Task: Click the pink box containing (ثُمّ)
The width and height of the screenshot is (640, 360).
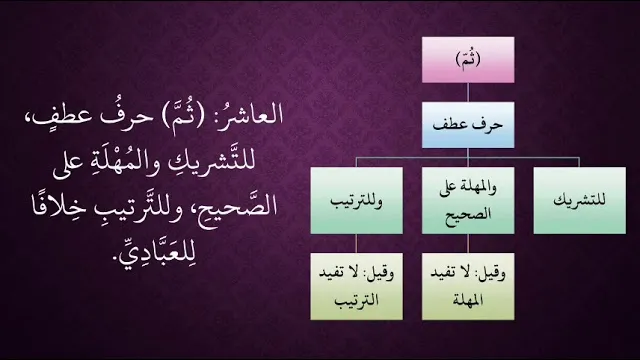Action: tap(468, 60)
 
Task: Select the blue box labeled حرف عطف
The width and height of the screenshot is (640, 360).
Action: tap(468, 125)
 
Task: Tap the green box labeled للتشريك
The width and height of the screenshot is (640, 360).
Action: tap(580, 200)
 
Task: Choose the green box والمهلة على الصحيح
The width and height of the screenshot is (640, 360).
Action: tap(468, 200)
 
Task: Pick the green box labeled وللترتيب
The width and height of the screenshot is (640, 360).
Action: tap(356, 200)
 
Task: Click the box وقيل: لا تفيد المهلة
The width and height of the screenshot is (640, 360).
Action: tap(468, 286)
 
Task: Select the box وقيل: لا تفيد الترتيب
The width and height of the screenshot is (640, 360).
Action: tap(356, 286)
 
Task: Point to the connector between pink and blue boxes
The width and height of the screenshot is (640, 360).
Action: tap(468, 93)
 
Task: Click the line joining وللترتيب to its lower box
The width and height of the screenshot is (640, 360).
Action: tap(356, 244)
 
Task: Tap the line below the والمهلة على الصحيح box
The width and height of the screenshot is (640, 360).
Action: tap(468, 244)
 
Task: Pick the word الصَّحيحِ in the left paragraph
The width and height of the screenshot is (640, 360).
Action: tap(239, 205)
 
